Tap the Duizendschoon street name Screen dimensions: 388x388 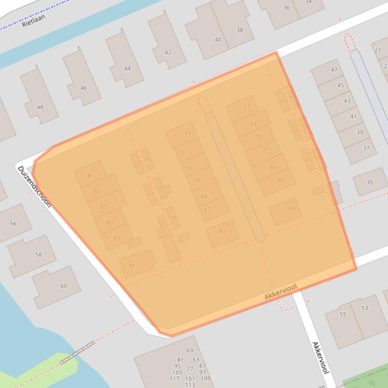[x=35, y=186]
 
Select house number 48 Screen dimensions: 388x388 [x=40, y=107]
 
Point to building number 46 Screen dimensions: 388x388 [x=83, y=88]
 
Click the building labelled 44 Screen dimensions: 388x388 [x=127, y=69]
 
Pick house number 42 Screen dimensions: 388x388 [x=168, y=52]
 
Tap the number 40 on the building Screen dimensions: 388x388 [x=218, y=39]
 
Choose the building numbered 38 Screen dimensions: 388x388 [x=240, y=30]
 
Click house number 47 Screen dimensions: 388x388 [x=334, y=70]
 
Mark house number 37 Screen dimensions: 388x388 [x=366, y=148]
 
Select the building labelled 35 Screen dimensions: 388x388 [x=370, y=182]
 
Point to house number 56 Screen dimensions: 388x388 [x=13, y=223]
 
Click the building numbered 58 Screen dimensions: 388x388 [x=38, y=254]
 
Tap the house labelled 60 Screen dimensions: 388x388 [x=64, y=286]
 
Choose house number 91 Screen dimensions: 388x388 [x=132, y=266]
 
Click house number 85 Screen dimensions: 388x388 [x=103, y=207]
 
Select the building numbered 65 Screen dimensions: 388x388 [x=223, y=231]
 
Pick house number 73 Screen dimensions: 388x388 [x=188, y=168]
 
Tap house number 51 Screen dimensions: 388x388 [x=246, y=105]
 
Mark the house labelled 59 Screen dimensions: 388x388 [x=272, y=168]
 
